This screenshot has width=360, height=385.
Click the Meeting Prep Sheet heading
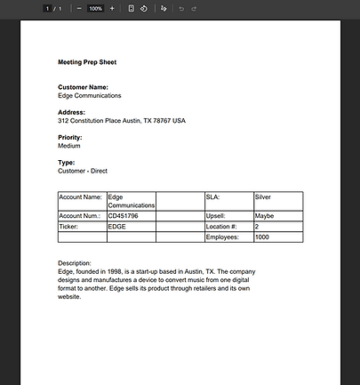tap(87, 62)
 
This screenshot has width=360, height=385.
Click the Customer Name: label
tap(84, 87)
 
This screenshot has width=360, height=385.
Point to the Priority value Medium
tap(69, 146)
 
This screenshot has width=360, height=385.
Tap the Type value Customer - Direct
tap(83, 171)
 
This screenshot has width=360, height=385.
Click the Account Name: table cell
tap(81, 197)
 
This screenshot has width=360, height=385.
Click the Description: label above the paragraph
tap(75, 263)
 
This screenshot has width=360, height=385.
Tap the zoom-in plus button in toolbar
tap(112, 8)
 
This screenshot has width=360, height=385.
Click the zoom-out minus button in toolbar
tap(79, 8)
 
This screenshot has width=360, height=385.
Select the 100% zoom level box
tap(95, 8)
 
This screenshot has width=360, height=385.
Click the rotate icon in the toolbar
tap(143, 8)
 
